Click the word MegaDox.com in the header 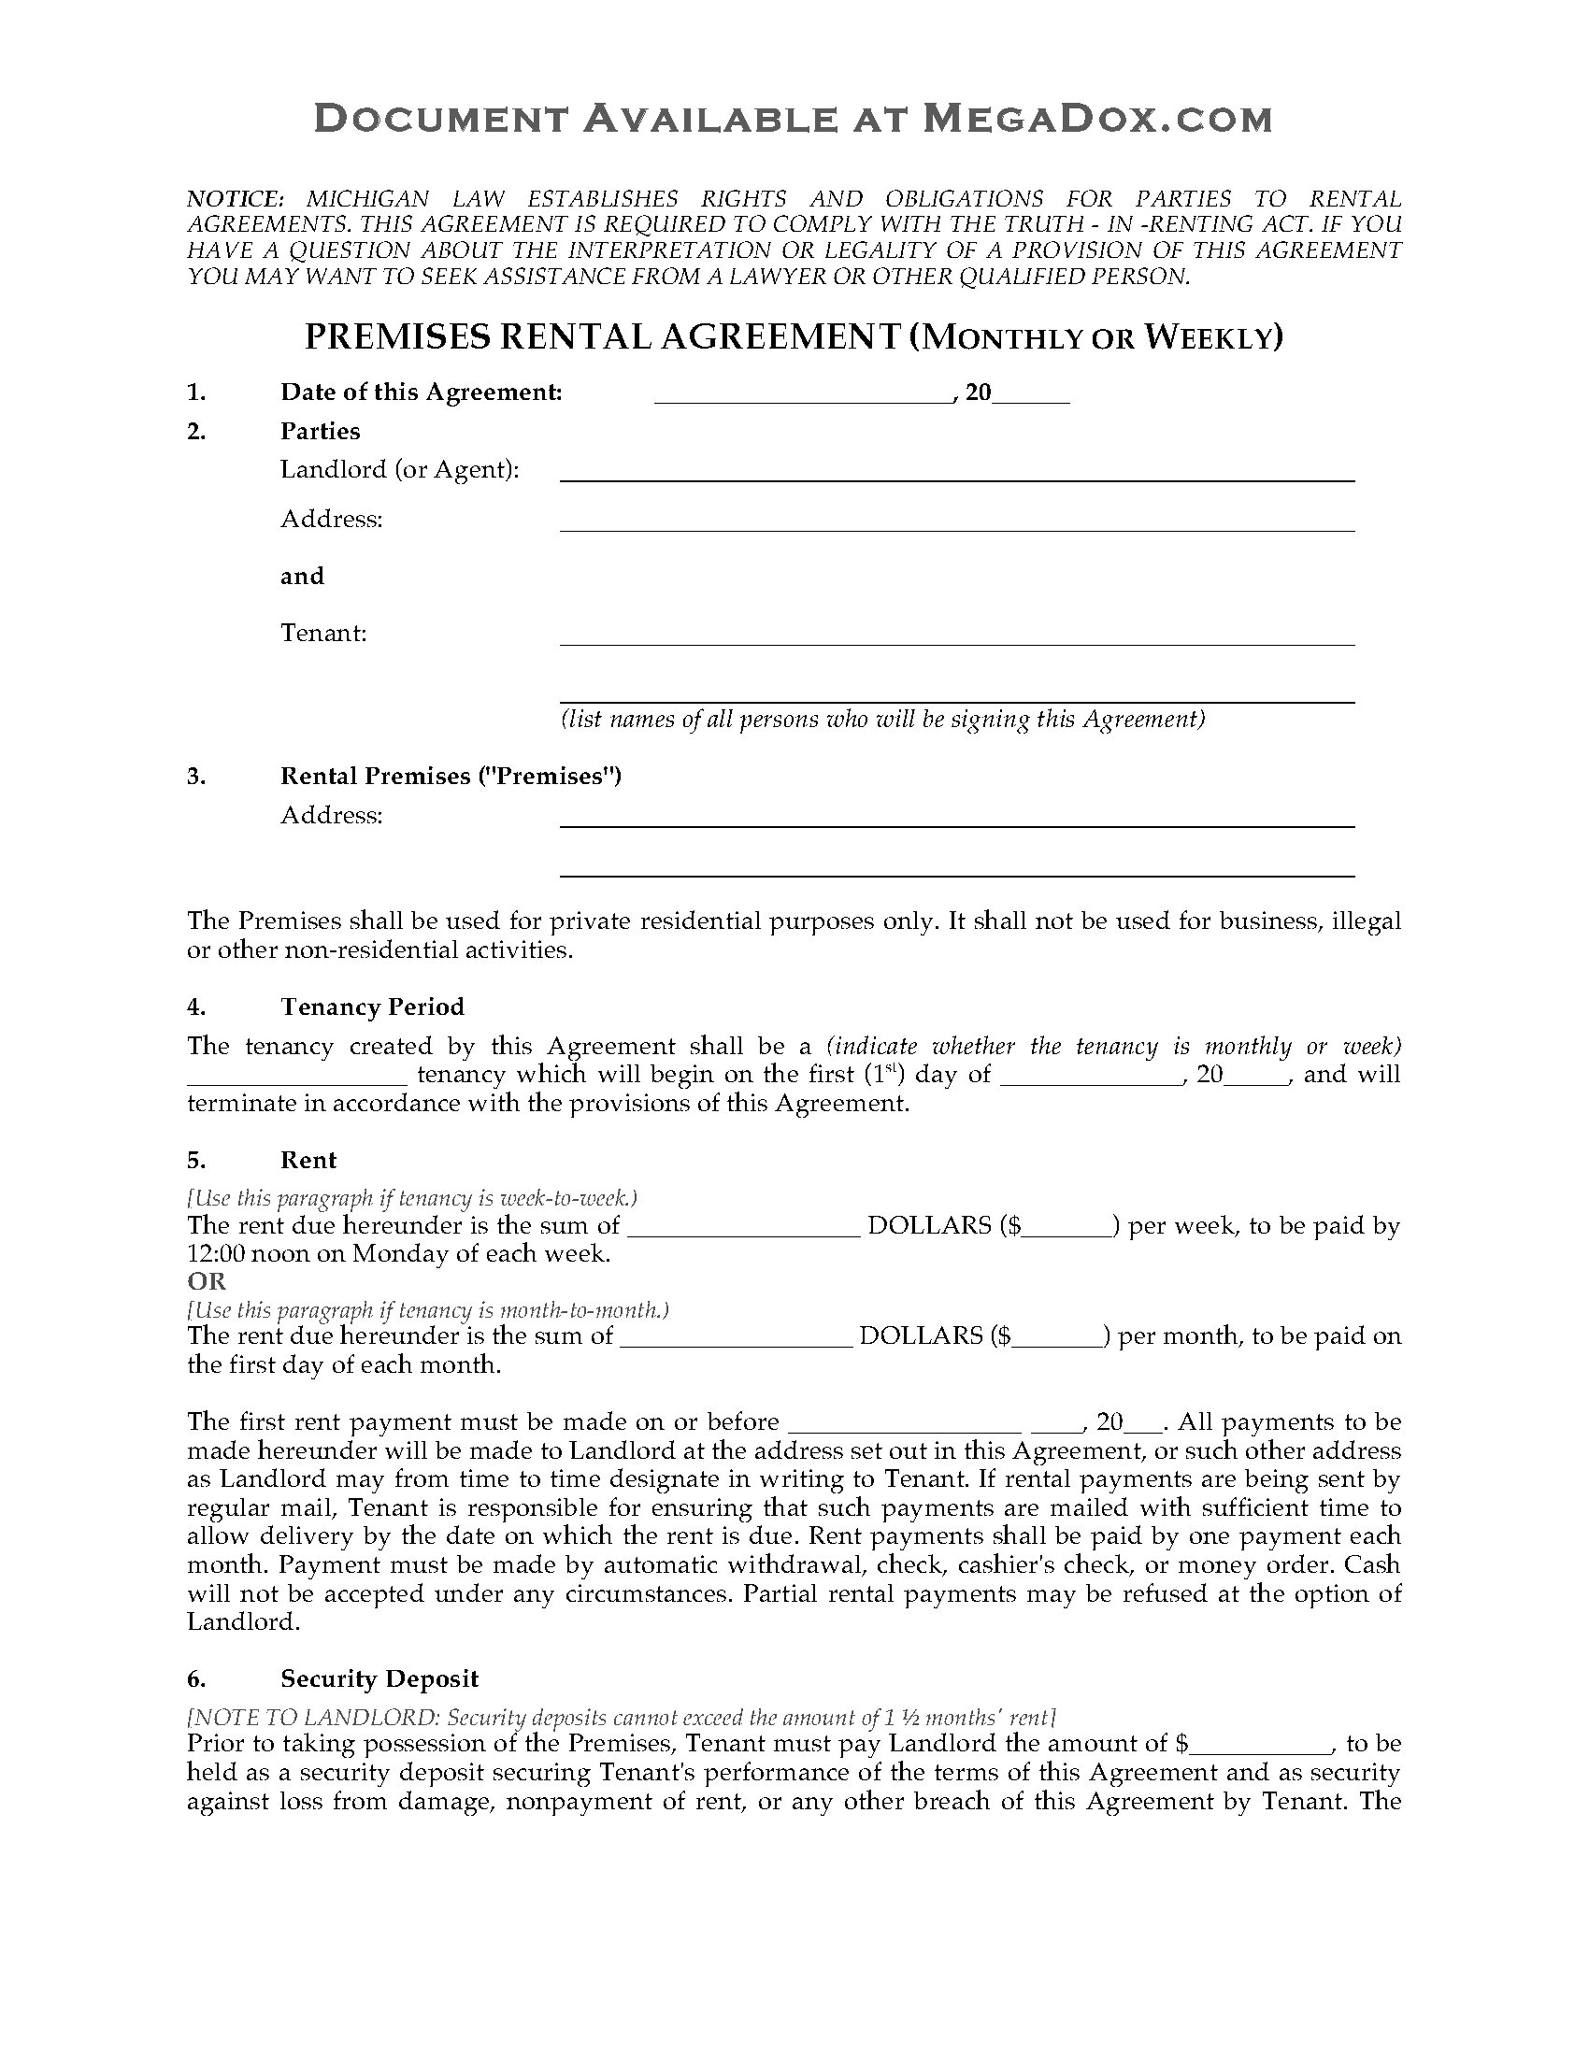[x=1095, y=119]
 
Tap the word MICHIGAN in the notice [x=368, y=199]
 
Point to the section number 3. [x=195, y=776]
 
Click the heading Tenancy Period [x=372, y=1007]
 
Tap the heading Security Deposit [x=379, y=1678]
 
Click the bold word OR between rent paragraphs [x=208, y=1280]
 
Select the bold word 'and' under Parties [x=302, y=575]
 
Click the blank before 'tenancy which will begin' [x=296, y=1078]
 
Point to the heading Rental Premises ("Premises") [x=451, y=776]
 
